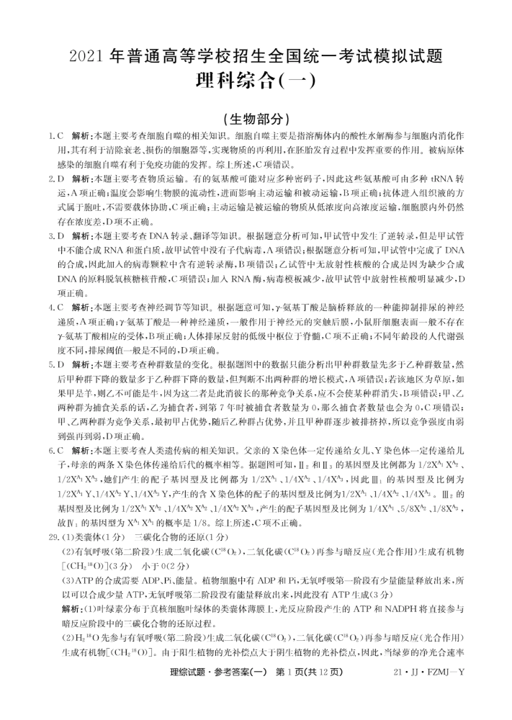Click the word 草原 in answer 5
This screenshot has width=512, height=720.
coord(441,377)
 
